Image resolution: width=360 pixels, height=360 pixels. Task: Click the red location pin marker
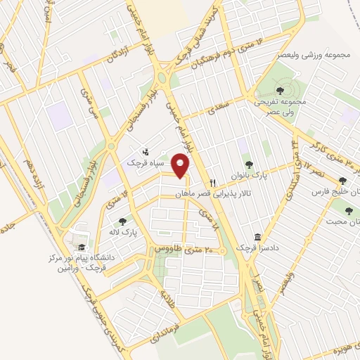click(x=181, y=167)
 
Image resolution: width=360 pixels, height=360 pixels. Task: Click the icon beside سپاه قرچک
click(x=146, y=151)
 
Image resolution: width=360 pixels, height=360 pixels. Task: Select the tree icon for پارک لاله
click(x=123, y=221)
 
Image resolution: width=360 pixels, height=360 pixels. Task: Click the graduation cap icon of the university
click(x=82, y=247)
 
